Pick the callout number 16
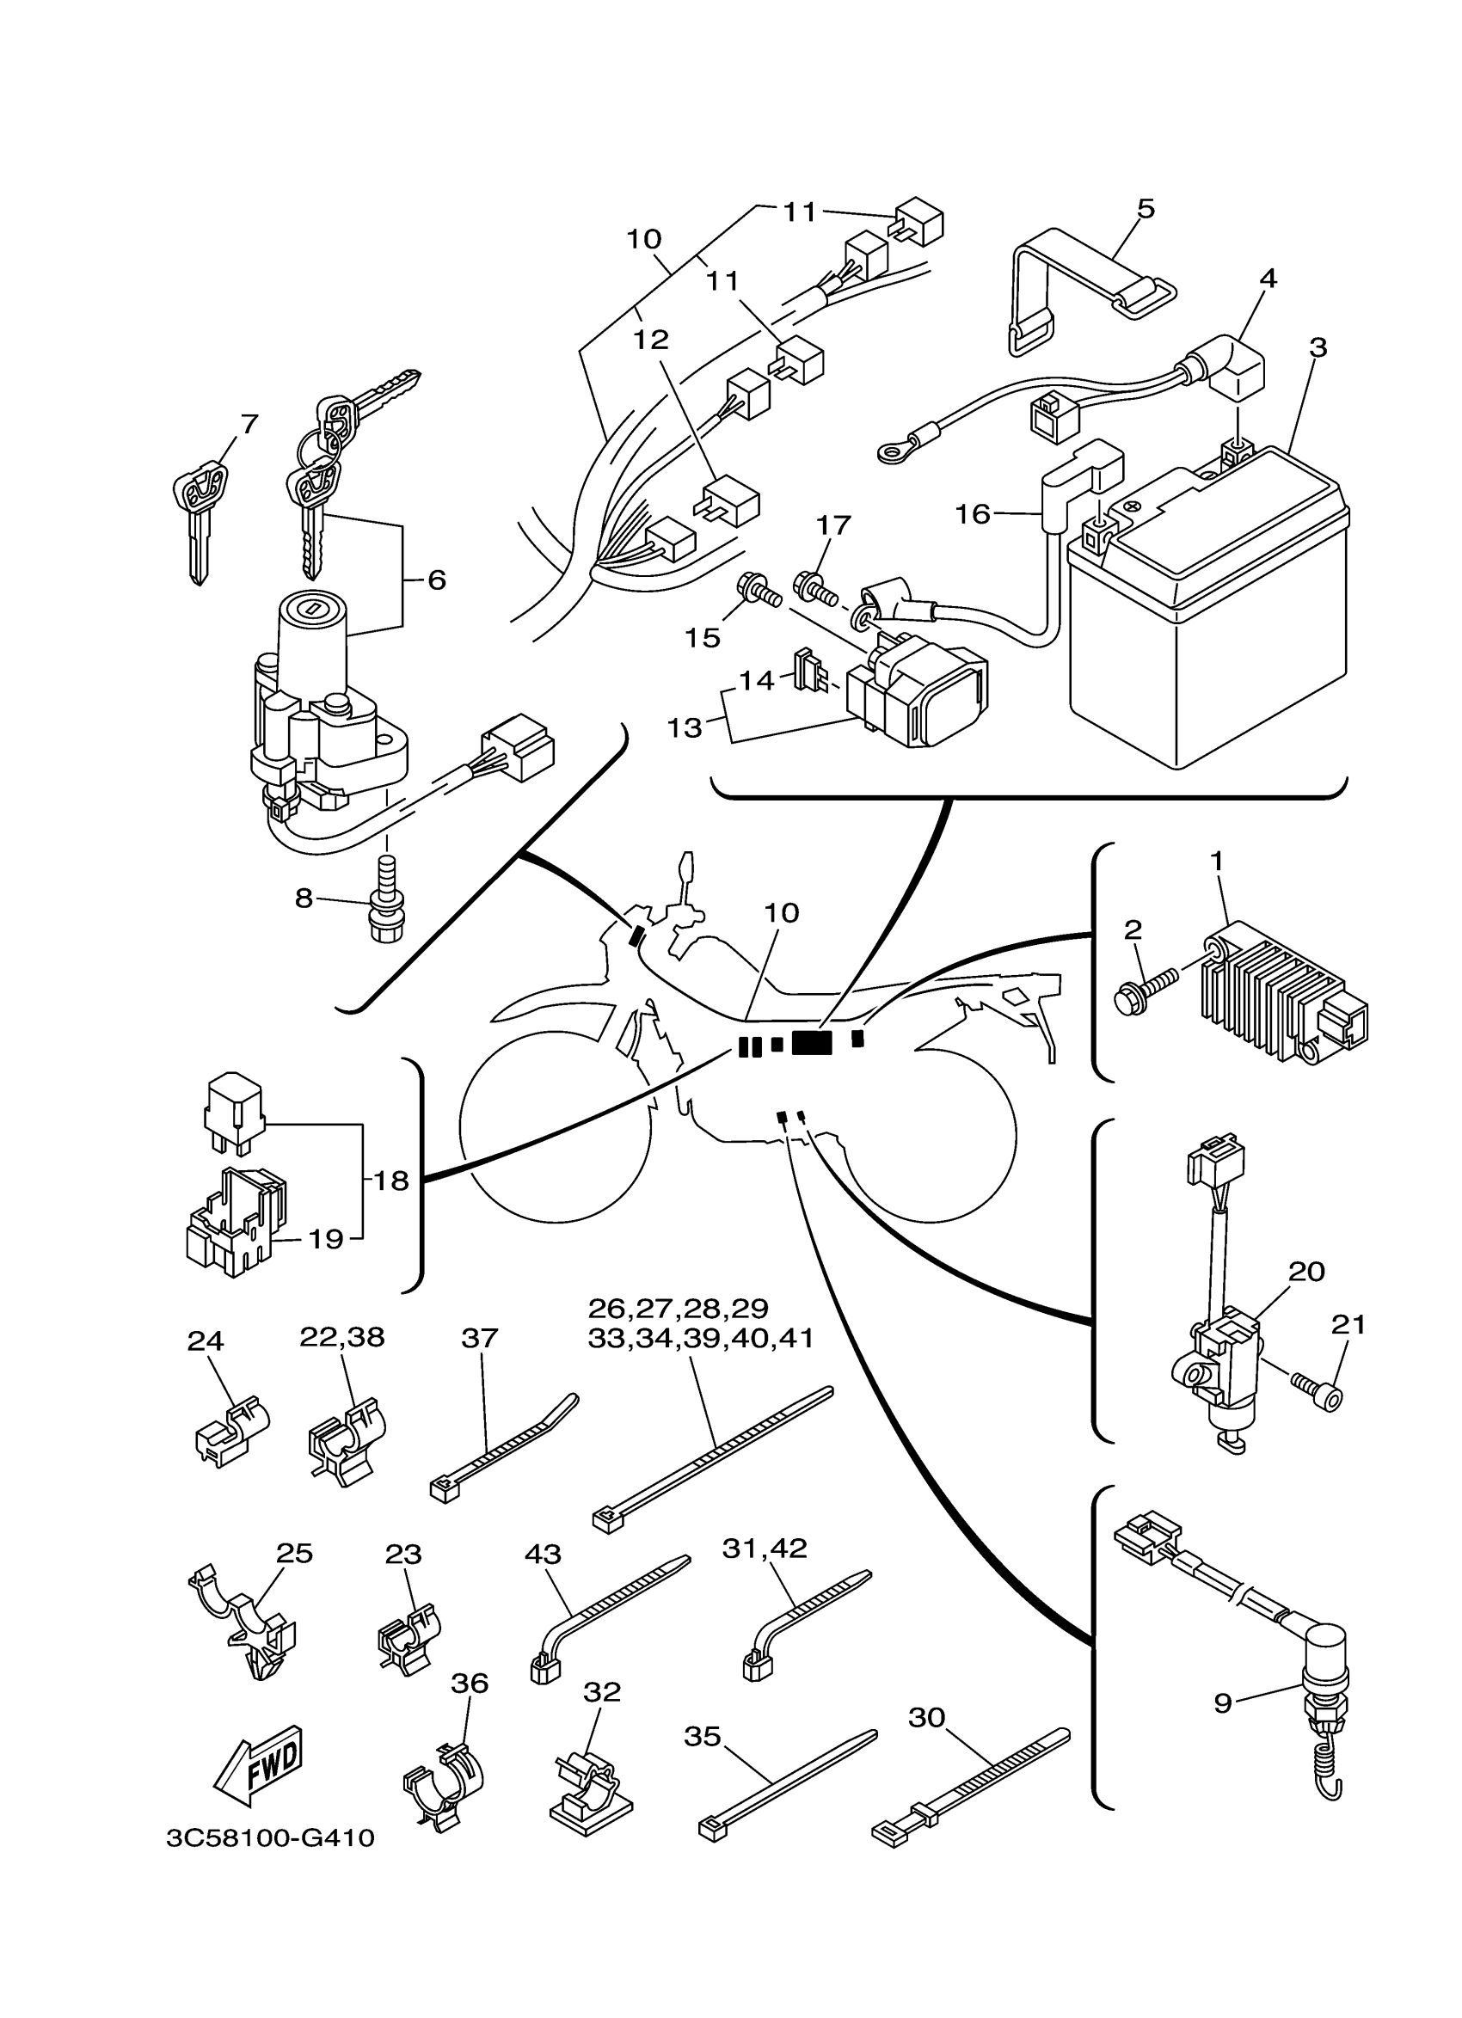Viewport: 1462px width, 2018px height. tap(973, 514)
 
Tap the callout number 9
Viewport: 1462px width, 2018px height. tap(1223, 1703)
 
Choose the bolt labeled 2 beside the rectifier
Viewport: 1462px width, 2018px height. tap(1146, 991)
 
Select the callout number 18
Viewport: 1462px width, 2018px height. tap(390, 1181)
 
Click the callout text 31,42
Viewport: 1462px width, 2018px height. tap(765, 1549)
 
